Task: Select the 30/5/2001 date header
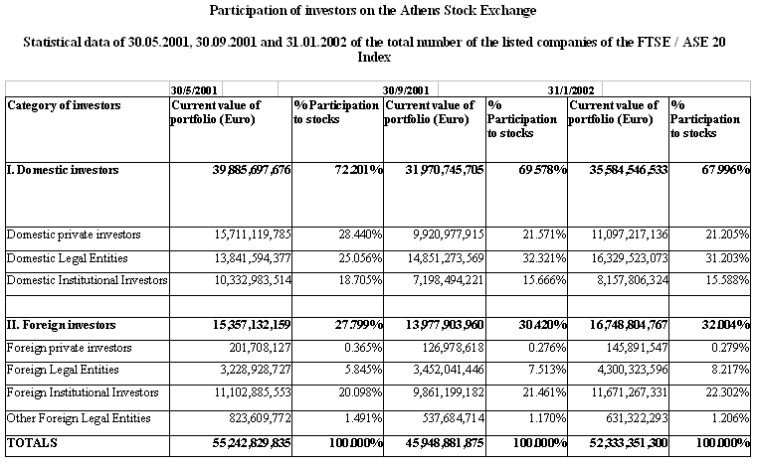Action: pos(194,90)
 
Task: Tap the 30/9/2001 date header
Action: pos(406,90)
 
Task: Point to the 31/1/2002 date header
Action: pos(570,90)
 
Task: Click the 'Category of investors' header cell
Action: pos(64,105)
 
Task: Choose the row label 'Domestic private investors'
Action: pos(74,234)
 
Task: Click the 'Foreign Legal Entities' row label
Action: pos(63,370)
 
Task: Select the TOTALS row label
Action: pos(32,443)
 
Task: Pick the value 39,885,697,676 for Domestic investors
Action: pos(252,170)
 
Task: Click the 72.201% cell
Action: pos(359,170)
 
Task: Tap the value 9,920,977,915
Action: pos(448,234)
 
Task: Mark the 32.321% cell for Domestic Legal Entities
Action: pos(544,258)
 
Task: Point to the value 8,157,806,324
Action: pos(633,280)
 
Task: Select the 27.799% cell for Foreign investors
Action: pos(359,325)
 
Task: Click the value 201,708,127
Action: pos(260,348)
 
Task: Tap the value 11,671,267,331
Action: pos(630,392)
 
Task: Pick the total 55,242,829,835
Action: pos(252,443)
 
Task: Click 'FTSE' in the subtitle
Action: pos(654,42)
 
